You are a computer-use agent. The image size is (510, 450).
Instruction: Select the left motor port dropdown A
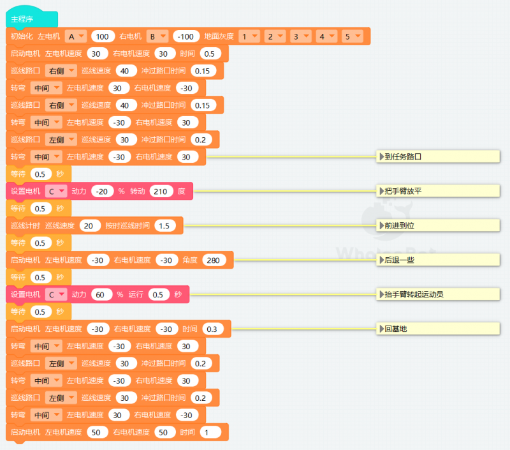click(75, 36)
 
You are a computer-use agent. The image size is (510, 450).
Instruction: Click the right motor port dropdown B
click(157, 36)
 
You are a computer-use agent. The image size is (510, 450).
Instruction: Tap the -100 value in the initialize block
click(186, 36)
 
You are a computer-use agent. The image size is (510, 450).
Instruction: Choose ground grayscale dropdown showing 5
click(353, 36)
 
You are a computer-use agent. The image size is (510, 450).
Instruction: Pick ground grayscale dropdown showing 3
click(300, 36)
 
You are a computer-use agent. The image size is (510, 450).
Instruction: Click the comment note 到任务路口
click(438, 156)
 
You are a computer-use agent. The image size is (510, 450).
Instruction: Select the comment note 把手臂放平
click(438, 191)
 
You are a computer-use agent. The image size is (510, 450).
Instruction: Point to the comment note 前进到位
click(438, 226)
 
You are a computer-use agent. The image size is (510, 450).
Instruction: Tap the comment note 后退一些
click(438, 260)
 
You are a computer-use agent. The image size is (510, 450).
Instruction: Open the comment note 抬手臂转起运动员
click(438, 294)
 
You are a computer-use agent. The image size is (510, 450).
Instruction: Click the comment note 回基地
click(438, 329)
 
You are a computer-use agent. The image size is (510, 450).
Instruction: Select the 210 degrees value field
click(161, 191)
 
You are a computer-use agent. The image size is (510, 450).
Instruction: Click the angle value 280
click(214, 260)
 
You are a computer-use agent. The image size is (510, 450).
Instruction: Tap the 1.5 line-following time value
click(164, 226)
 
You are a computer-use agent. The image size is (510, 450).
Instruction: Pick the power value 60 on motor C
click(100, 295)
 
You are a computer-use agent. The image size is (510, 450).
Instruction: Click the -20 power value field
click(102, 191)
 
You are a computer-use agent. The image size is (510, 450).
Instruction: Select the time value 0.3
click(212, 329)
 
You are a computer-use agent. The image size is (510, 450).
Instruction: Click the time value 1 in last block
click(210, 432)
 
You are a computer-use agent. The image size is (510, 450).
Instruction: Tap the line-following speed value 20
click(89, 226)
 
